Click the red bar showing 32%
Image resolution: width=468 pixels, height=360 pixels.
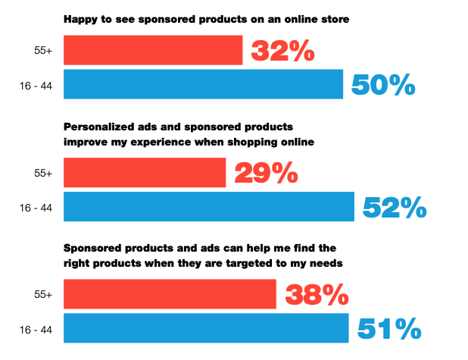153,50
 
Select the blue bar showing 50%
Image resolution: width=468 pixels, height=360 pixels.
203,84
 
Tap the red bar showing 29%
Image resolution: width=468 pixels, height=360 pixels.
145,173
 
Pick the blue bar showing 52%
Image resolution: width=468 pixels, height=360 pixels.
209,207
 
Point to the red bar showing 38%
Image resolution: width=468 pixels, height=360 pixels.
170,294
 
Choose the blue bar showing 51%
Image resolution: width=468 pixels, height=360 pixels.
206,328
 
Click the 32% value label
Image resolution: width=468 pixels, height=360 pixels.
283,51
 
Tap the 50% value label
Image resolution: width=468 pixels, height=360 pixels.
383,85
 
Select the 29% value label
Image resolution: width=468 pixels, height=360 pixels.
267,173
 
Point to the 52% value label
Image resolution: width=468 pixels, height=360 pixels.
395,207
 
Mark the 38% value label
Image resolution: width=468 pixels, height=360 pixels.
317,295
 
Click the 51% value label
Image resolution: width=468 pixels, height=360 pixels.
389,329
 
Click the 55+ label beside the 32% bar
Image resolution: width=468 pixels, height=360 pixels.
43,51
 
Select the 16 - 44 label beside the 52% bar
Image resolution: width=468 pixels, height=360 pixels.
36,208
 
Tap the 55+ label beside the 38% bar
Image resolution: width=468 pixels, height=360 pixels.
43,295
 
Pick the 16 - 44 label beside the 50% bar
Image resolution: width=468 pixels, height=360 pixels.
36,86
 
